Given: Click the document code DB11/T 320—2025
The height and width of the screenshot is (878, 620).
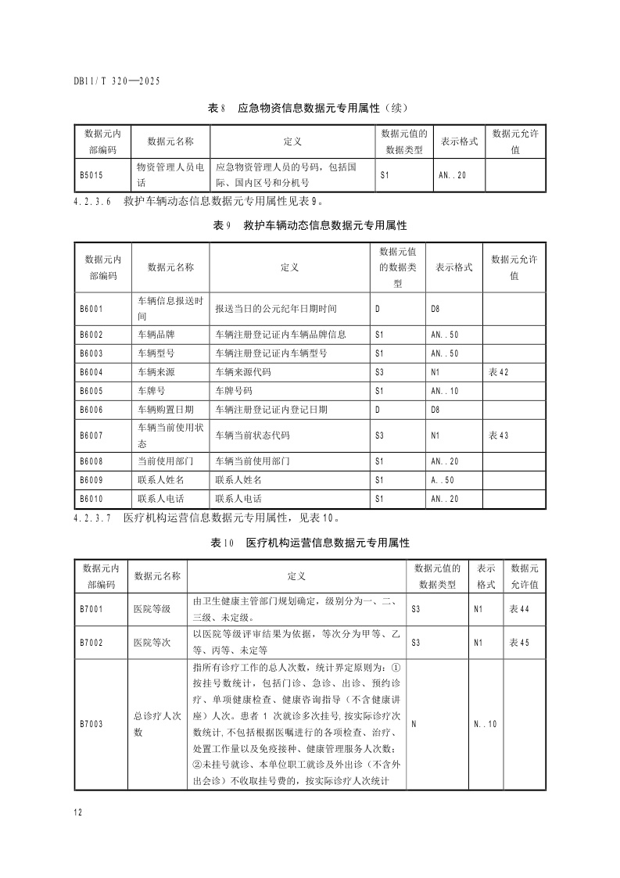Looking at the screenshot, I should tap(116, 80).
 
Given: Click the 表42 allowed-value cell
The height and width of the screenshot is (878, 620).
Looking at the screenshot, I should tap(498, 371).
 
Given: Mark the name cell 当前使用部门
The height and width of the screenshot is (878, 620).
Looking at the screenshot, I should tap(160, 461).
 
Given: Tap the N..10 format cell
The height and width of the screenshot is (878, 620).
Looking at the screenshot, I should tap(485, 724).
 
